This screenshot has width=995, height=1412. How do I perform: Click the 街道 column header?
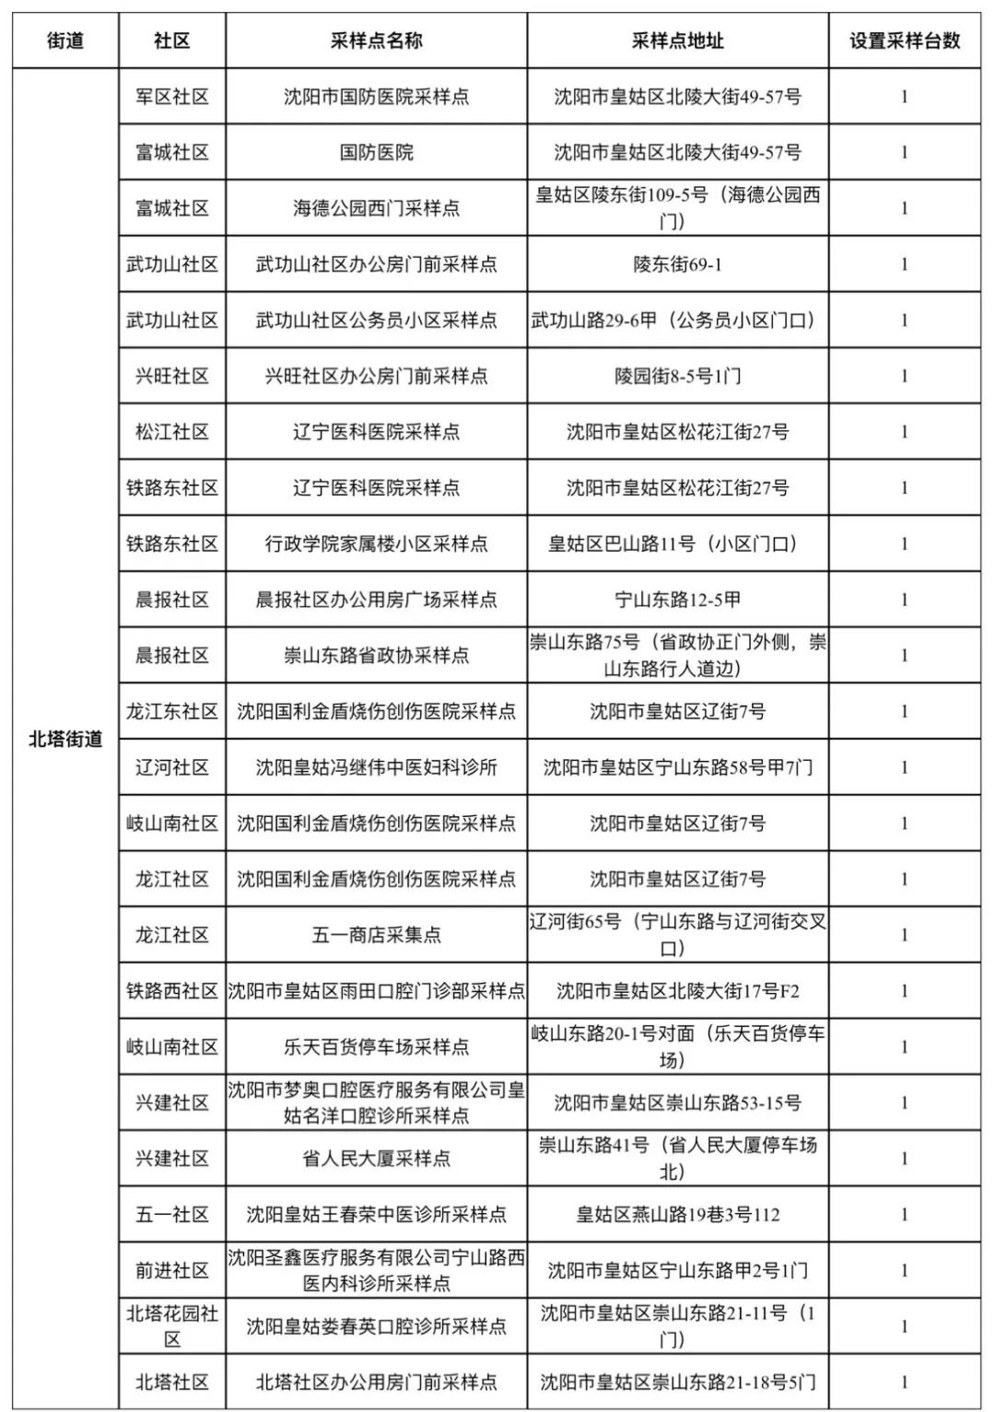65,41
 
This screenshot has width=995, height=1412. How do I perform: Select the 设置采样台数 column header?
904,41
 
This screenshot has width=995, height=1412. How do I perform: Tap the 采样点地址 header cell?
677,41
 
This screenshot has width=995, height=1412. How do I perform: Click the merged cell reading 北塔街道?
65,739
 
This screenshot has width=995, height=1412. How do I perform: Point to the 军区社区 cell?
172,97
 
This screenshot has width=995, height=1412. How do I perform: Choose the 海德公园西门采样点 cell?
376,208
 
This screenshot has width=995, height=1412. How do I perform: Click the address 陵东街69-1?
677,264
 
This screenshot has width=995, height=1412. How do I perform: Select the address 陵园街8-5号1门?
677,376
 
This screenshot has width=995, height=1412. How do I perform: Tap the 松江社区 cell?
172,432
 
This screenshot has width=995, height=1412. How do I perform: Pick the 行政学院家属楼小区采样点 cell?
376,543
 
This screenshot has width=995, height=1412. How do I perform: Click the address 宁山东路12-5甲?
677,600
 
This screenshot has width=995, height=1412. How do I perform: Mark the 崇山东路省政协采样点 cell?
376,656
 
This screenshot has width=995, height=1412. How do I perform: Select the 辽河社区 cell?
172,767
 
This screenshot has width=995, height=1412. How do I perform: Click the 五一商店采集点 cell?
376,935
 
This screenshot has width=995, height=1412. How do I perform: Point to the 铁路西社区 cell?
172,991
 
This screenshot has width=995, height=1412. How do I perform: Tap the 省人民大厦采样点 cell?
376,1159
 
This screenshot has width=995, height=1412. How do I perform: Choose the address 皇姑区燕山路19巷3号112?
677,1215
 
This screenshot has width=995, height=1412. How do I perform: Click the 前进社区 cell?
172,1270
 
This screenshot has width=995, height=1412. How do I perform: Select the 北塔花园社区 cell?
172,1326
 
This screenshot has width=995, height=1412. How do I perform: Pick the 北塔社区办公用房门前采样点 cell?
376,1382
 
